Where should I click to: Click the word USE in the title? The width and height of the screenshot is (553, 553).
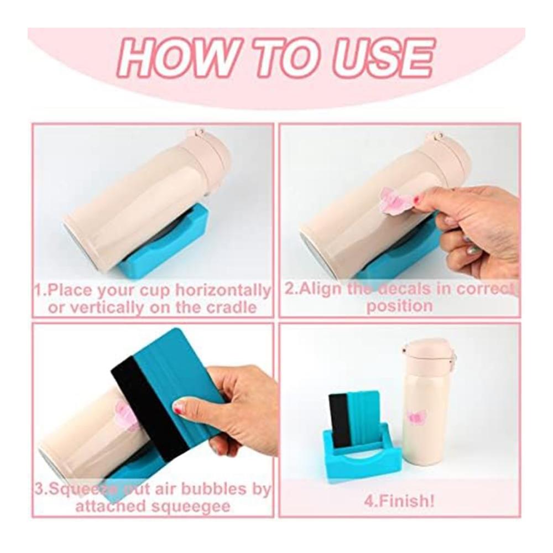click(x=383, y=58)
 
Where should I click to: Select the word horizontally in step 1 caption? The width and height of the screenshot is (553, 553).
click(x=222, y=290)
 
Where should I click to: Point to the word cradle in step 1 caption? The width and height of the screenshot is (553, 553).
click(x=231, y=307)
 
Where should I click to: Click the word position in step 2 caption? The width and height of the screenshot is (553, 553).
click(x=400, y=306)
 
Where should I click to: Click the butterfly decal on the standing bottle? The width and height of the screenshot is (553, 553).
click(x=416, y=418)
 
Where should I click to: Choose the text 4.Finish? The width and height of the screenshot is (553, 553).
click(x=399, y=501)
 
